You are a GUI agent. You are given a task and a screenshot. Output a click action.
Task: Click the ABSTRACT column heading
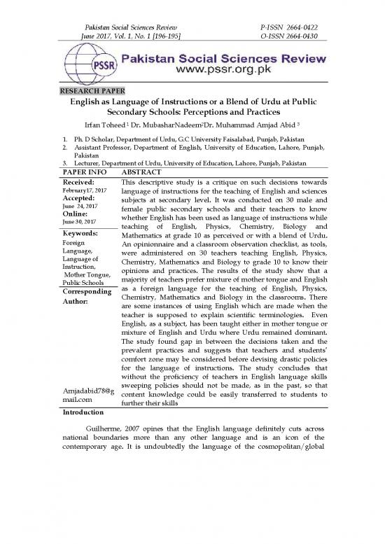click(x=142, y=171)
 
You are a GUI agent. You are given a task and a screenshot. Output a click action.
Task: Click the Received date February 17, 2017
click(x=80, y=191)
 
